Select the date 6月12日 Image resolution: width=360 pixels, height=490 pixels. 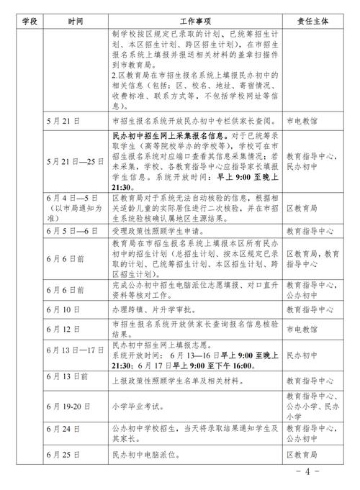(x=65, y=329)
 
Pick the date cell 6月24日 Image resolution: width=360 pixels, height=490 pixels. (x=65, y=429)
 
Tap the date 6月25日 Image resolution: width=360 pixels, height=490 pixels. (x=65, y=455)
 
